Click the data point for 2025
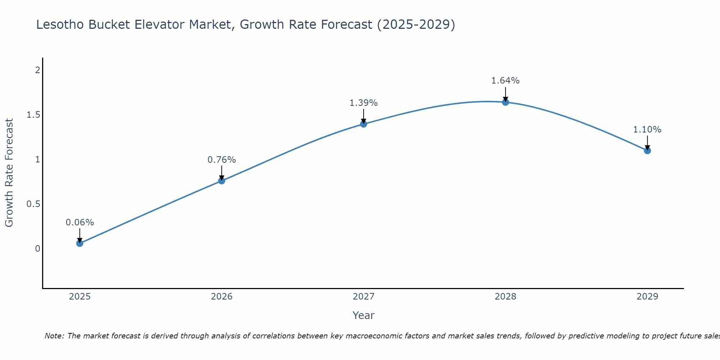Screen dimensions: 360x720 click(x=80, y=243)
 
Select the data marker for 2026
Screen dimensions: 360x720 click(x=222, y=181)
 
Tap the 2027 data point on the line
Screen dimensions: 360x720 click(x=364, y=124)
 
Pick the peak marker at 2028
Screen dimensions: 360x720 click(x=505, y=102)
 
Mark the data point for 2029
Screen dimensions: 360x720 click(x=647, y=150)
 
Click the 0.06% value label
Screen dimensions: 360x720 click(x=80, y=222)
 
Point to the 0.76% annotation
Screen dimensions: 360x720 click(x=222, y=160)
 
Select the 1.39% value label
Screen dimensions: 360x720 click(x=364, y=103)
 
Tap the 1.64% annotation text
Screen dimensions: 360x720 click(x=505, y=81)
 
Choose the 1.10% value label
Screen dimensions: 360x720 click(x=647, y=130)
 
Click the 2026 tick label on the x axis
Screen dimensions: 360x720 click(x=222, y=297)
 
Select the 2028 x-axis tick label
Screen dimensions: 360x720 click(x=505, y=297)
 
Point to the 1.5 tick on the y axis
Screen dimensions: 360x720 click(x=33, y=115)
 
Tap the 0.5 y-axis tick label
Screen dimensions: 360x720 click(x=33, y=204)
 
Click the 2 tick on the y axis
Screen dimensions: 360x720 click(x=37, y=70)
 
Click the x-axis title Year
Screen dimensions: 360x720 click(x=364, y=315)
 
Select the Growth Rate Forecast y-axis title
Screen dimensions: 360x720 click(x=9, y=173)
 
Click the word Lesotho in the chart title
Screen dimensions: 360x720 click(x=60, y=24)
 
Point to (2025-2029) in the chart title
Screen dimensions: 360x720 click(x=416, y=24)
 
